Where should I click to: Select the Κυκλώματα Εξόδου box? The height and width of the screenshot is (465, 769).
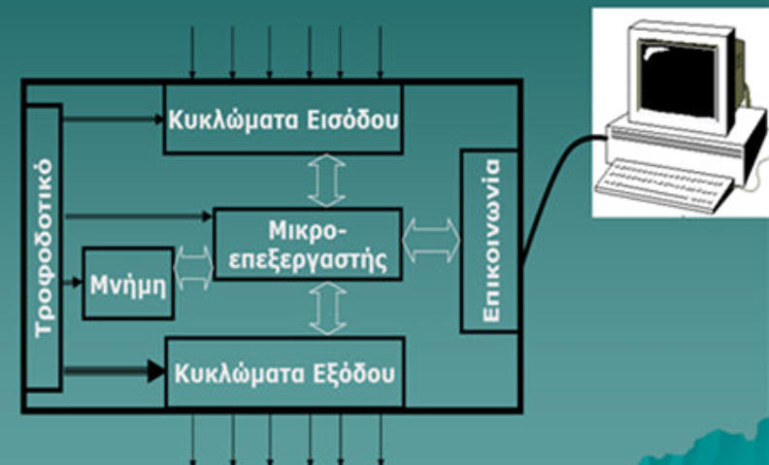(284, 373)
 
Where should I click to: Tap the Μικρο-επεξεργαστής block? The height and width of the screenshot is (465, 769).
(307, 244)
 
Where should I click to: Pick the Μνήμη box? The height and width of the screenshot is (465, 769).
(128, 283)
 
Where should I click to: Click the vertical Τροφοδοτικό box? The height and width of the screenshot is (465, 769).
(43, 248)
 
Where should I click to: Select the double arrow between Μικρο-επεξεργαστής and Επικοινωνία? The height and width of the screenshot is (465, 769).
(431, 239)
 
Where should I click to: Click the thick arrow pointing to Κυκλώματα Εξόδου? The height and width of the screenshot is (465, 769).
(112, 370)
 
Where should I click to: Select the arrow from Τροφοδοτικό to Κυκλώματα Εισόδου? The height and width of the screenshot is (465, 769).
(112, 119)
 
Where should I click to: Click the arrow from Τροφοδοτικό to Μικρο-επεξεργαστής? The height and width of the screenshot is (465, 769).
(136, 216)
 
